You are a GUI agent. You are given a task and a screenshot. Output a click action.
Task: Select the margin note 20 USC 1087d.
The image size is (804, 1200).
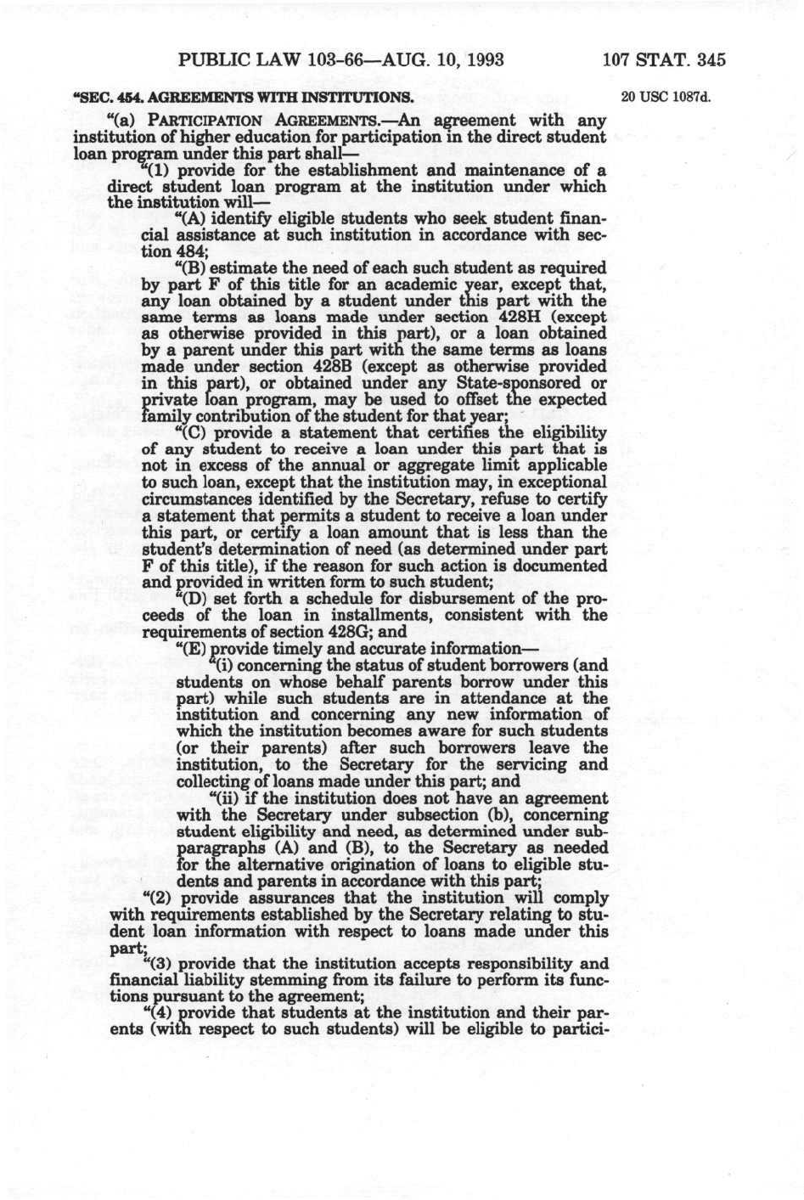coord(665,96)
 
